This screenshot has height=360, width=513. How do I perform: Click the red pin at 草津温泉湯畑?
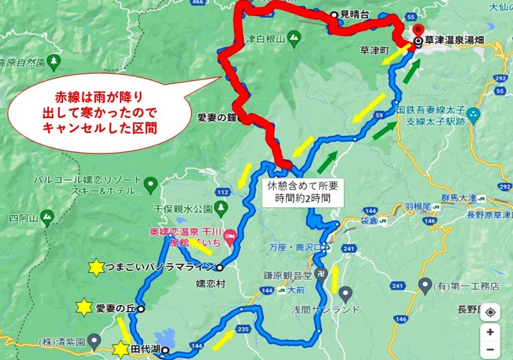tap(419, 30)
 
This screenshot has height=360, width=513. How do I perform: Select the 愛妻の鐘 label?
tap(218, 118)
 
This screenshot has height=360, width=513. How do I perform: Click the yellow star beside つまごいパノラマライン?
tap(96, 268)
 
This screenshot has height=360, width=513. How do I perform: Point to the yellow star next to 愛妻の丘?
tap(83, 308)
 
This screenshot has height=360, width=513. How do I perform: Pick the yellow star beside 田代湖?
tap(121, 350)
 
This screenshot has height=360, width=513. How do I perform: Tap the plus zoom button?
tap(490, 332)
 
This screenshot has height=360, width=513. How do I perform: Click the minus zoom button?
tap(490, 350)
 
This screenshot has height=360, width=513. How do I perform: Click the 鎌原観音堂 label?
tap(293, 274)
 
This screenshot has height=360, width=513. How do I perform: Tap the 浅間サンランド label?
tap(316, 309)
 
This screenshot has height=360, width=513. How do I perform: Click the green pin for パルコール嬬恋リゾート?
tap(151, 185)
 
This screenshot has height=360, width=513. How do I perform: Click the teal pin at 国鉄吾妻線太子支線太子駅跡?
tap(473, 116)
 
